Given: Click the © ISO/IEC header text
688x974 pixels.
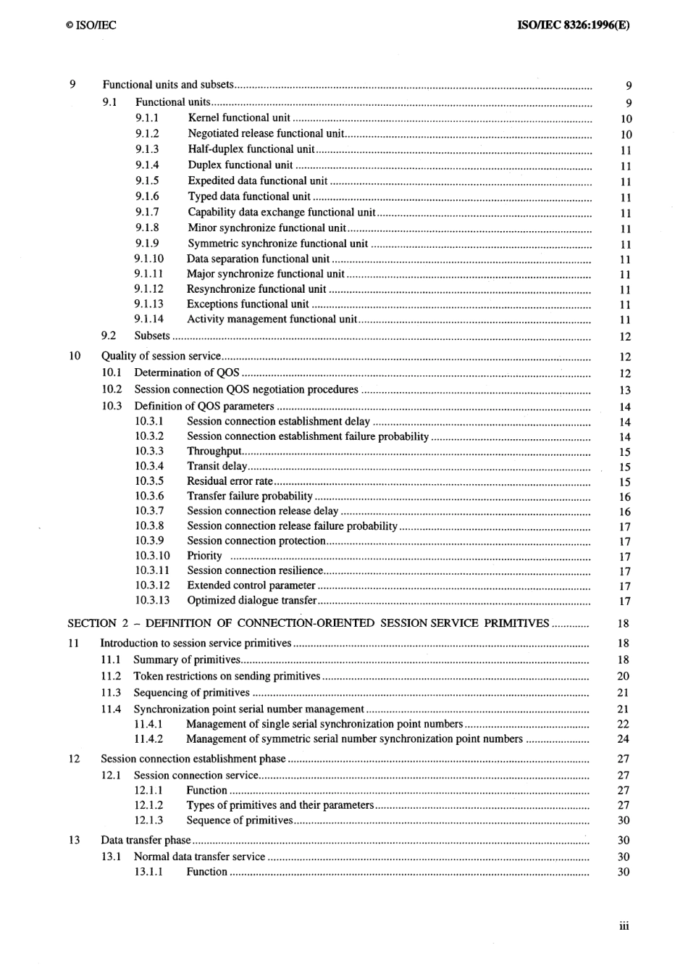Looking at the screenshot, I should coord(90,25).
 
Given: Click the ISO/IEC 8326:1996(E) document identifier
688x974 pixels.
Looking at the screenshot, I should coord(574,25).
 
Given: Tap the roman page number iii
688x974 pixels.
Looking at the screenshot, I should coord(624,925).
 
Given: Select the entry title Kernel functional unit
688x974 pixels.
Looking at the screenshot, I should coord(239,117).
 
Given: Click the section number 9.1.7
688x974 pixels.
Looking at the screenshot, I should coord(147,212).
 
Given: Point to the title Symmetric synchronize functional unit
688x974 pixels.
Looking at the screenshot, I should coord(277,243).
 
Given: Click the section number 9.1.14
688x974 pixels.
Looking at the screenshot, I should coord(148,319).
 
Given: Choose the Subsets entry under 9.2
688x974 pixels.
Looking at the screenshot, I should coord(152,336).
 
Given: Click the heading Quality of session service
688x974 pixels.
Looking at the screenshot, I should coord(161,356).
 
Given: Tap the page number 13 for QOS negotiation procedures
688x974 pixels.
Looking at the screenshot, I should coord(625,391).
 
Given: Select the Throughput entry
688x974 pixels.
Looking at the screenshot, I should coord(214,451).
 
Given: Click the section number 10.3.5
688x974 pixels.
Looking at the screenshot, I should coord(149,481).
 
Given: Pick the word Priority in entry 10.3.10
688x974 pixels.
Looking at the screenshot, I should coord(204,556).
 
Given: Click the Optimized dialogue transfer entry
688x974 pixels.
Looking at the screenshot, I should coord(251,600).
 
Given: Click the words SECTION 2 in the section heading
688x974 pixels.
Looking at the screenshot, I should coord(92,623).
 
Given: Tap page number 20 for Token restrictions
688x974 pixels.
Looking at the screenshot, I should coord(623,676).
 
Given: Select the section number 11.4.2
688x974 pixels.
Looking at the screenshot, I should coord(148,739).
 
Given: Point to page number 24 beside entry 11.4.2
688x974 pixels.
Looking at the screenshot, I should coord(623,739).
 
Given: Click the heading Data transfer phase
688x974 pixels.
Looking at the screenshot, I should coord(146,840).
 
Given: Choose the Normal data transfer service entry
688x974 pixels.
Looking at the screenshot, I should coord(199,857).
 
